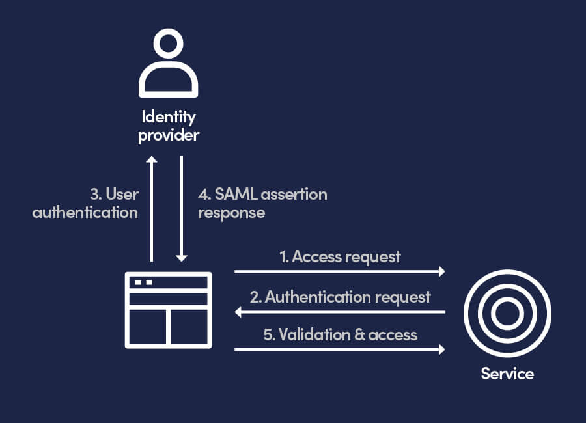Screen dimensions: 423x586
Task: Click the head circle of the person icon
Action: coord(168,46)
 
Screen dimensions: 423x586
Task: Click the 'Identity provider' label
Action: coord(169,126)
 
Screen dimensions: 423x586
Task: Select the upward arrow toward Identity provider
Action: coord(152,208)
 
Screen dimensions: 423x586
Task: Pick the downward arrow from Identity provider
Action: coord(183,208)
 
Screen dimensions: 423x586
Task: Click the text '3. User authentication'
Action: coord(85,203)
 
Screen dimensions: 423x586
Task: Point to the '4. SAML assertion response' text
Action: coord(262,203)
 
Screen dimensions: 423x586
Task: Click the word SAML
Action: coord(234,194)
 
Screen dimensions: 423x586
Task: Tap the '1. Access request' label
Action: coord(340,256)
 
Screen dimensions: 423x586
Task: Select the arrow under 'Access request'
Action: coord(339,271)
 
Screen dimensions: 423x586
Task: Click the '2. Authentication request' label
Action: coord(340,297)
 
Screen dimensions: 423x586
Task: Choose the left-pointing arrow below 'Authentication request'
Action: coord(339,312)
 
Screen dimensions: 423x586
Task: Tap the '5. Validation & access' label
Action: coord(340,334)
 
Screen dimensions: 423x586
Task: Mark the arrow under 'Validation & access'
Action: coord(339,349)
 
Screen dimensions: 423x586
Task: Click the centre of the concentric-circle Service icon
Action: coord(507,314)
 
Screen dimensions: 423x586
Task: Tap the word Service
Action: coord(507,374)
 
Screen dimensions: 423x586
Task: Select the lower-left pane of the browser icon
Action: coord(148,327)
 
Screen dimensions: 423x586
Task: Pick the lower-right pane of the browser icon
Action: coord(189,327)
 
